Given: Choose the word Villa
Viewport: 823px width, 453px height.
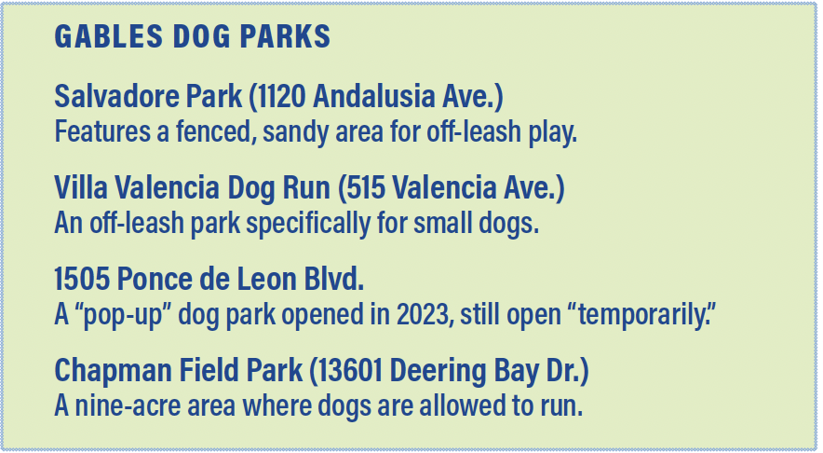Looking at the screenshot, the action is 80,187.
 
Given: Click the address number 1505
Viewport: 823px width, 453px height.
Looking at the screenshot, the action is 82,279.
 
